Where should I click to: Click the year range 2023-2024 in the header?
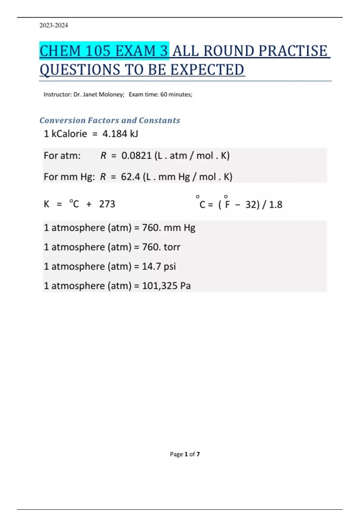click(53, 25)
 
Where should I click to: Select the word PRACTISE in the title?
click(292, 51)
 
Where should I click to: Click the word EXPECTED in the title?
click(207, 70)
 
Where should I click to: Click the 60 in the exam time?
click(164, 94)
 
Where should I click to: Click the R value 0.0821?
click(136, 156)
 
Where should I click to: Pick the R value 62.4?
click(130, 177)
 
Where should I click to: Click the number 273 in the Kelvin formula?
click(107, 204)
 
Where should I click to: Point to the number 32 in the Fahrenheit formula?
click(250, 205)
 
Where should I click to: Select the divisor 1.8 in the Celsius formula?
click(275, 205)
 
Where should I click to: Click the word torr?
click(172, 247)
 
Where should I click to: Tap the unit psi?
click(170, 267)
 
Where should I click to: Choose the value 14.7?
click(151, 266)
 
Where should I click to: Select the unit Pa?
click(185, 286)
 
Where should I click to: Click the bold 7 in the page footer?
click(198, 454)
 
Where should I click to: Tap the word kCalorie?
click(69, 134)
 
